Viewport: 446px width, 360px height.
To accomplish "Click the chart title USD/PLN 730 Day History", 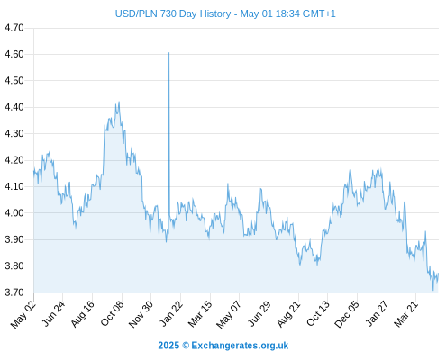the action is click(173, 13).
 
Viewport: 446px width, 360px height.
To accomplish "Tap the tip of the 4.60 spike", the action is click(168, 53).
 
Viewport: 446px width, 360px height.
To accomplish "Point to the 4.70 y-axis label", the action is click(14, 28).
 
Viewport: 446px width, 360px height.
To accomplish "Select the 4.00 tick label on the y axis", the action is click(14, 213).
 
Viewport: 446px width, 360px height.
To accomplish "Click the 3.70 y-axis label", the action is click(14, 292).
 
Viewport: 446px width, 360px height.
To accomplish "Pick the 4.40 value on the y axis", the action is click(14, 107).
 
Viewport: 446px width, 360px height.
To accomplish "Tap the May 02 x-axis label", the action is click(23, 314).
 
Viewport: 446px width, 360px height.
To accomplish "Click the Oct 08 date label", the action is click(112, 313).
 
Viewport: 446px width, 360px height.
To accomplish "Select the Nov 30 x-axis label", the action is click(141, 314).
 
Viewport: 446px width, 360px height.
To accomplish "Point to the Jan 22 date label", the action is click(171, 313).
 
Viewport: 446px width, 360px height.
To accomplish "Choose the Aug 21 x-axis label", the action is click(288, 313).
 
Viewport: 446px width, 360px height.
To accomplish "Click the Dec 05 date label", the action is click(347, 314).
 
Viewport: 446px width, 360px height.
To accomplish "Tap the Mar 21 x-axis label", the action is click(405, 313).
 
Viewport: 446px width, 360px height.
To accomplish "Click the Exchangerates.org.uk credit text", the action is click(240, 346).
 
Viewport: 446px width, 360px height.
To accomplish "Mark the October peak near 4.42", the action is click(119, 102).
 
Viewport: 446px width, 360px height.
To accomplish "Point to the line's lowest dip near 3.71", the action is click(433, 290).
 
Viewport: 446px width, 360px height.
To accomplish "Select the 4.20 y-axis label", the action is click(14, 160).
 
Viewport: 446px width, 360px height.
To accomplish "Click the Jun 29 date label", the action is click(259, 313).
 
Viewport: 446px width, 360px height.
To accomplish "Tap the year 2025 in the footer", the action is click(168, 346).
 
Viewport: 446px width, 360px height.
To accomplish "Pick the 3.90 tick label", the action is click(14, 239).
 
